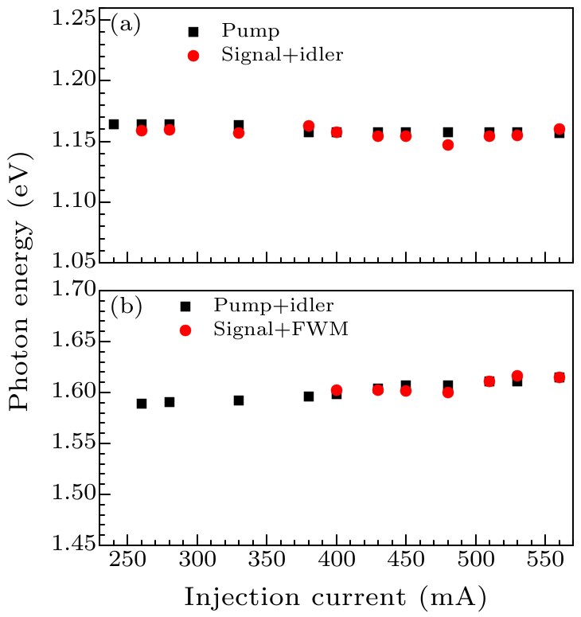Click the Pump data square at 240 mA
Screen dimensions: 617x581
[114, 124]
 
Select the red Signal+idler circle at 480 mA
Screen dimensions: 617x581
[448, 145]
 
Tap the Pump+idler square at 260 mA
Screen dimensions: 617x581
[142, 404]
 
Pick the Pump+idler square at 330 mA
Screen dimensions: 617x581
[239, 400]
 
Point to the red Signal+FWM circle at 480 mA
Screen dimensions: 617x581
[448, 392]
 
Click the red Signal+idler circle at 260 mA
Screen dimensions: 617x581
[142, 131]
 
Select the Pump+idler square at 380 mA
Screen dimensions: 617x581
[309, 396]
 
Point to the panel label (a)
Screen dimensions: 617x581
[125, 25]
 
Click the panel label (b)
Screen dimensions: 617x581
[126, 307]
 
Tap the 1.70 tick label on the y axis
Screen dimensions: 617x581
[75, 290]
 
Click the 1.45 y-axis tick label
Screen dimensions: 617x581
[75, 545]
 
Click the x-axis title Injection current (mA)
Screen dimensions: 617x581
[335, 596]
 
